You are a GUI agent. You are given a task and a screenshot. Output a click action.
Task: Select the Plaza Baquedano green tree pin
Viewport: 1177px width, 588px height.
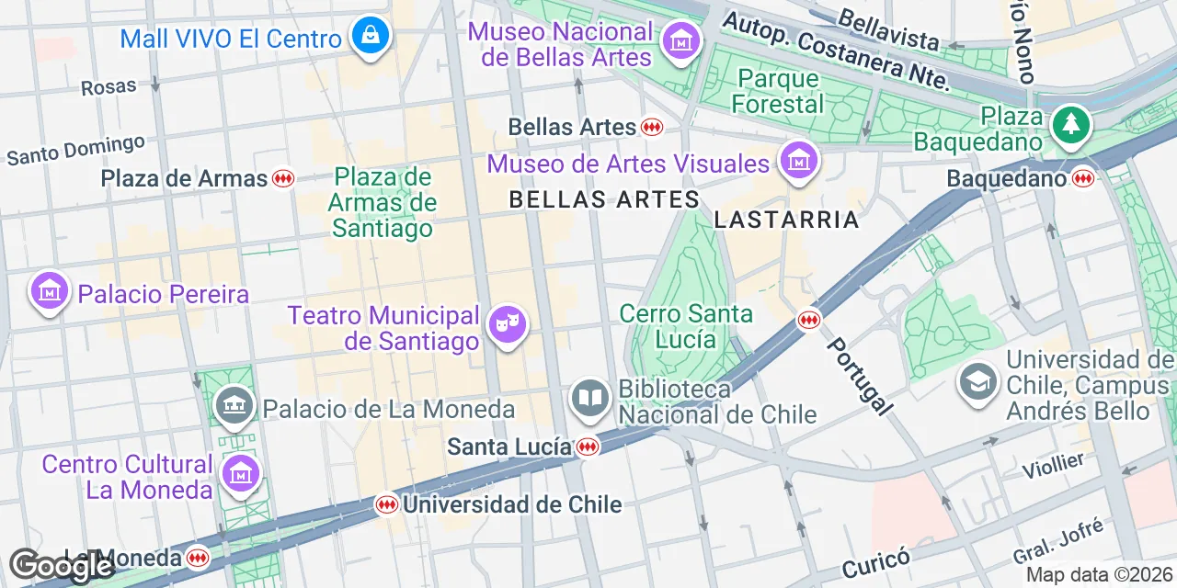coord(1070,124)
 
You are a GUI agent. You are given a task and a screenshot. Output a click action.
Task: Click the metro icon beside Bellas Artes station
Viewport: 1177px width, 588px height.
coord(653,127)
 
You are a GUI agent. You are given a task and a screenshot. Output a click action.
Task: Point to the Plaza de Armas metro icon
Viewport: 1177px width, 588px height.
coord(283,178)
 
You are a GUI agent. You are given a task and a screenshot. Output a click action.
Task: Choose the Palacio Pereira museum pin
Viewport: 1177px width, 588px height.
coord(50,292)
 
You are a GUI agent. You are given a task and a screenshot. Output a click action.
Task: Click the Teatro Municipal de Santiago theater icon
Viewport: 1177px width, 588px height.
coord(506,323)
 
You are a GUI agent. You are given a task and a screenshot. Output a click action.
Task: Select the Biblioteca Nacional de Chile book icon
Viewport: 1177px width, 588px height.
coord(589,399)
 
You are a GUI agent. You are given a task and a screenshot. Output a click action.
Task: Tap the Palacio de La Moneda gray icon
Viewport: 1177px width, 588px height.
coord(234,405)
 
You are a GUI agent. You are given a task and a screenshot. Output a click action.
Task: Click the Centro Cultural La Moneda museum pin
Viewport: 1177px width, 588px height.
coord(242,474)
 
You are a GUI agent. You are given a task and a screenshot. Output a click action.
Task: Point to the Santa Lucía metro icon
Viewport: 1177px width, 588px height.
coord(588,447)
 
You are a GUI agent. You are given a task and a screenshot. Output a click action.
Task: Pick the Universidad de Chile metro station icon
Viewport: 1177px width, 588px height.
coord(387,504)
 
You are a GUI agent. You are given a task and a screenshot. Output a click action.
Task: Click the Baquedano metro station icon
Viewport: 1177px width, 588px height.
coord(1083,178)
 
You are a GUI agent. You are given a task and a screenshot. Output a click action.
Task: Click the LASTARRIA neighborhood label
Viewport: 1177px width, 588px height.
coord(786,220)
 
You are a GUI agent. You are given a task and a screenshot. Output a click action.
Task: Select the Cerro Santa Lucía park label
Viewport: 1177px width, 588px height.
coord(686,326)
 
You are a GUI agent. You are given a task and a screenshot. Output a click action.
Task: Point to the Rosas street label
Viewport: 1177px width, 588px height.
coord(109,86)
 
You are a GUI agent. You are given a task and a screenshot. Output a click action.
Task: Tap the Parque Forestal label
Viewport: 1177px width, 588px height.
coord(778,90)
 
